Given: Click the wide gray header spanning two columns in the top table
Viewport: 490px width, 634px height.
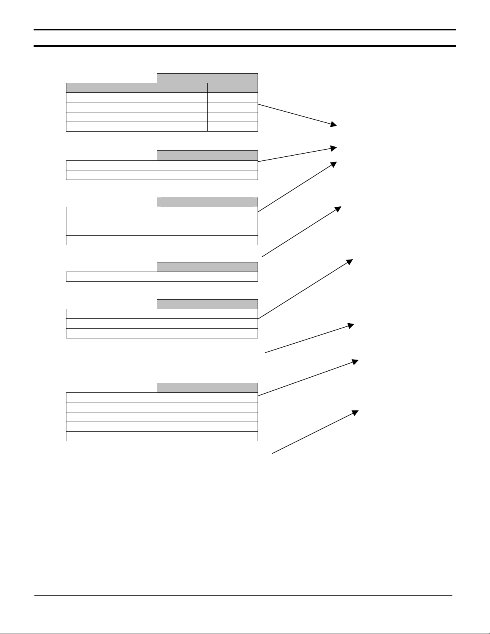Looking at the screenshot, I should [207, 78].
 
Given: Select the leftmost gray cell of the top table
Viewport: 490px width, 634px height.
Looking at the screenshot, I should [111, 88].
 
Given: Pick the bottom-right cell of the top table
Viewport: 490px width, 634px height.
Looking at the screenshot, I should [232, 127].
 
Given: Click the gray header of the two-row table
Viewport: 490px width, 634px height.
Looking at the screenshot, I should [207, 155].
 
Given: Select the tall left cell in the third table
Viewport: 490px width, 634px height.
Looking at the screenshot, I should [111, 221].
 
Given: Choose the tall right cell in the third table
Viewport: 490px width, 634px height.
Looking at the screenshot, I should [207, 221].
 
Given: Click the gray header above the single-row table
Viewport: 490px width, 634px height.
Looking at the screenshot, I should [207, 267].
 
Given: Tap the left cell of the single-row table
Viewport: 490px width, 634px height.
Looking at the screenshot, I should [111, 276].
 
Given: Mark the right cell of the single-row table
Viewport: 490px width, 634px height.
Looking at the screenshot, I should [207, 276].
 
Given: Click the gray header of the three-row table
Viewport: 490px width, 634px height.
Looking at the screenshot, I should [207, 304].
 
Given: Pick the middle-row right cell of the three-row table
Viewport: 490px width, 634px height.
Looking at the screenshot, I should [207, 324].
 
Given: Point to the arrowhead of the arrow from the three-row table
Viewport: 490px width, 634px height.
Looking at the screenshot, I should [350, 261].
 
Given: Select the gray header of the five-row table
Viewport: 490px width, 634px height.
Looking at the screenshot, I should [207, 387].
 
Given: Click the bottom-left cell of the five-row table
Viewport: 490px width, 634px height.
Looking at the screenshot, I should [111, 436].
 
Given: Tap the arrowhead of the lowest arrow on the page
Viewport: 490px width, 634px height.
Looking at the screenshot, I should [355, 412].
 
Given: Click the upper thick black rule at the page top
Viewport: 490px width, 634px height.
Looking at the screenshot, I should [244, 30].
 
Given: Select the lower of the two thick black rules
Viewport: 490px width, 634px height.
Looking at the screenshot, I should [244, 46].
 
